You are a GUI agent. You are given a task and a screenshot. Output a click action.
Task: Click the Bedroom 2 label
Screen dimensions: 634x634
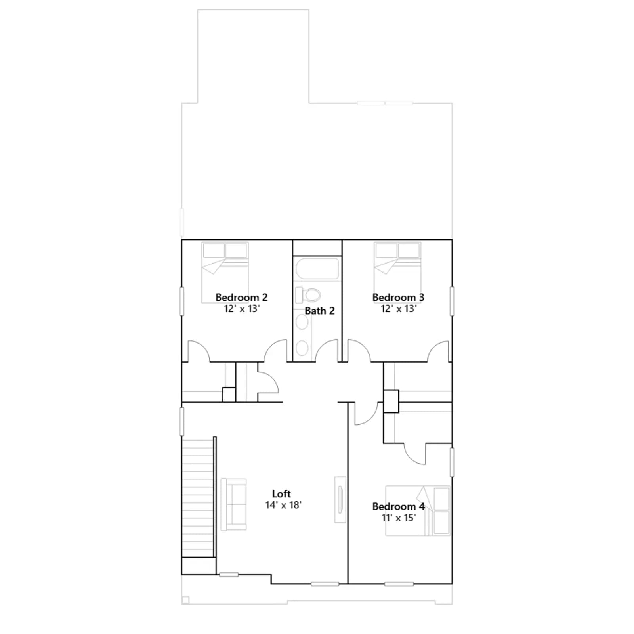241,297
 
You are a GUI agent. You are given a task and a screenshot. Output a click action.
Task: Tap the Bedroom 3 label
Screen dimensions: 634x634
398,297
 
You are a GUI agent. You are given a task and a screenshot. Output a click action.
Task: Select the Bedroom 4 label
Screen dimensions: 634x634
398,506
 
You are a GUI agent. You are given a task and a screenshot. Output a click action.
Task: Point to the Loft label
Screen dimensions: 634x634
281,494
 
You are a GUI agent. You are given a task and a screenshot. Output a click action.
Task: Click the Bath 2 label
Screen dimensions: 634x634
319,311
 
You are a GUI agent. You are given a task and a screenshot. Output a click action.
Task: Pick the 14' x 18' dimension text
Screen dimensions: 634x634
283,505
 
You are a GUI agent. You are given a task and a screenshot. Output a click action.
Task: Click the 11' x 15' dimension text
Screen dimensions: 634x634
399,518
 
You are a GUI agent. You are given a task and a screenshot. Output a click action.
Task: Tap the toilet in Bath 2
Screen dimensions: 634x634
308,295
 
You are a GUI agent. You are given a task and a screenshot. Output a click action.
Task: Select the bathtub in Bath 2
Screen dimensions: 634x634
317,269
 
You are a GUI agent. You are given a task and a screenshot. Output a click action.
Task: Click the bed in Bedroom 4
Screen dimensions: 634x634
418,511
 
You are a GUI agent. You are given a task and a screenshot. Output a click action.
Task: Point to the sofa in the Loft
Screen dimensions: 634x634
234,504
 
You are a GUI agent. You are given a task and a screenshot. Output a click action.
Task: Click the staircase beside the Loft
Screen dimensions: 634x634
198,497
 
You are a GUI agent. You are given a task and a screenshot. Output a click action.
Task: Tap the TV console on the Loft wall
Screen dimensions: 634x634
340,499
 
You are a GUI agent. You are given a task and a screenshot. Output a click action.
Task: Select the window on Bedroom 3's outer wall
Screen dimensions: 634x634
452,301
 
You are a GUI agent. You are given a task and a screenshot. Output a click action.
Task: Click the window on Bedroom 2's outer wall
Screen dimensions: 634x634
182,301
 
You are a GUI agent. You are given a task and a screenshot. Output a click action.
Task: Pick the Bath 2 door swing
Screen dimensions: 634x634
326,350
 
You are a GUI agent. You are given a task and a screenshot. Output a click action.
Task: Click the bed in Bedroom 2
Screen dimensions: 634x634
225,273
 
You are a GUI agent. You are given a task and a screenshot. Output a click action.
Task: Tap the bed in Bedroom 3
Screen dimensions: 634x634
398,273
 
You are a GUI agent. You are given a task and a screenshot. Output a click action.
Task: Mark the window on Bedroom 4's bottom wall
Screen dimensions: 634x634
399,584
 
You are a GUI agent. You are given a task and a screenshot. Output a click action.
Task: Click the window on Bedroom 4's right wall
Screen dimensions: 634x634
452,462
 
